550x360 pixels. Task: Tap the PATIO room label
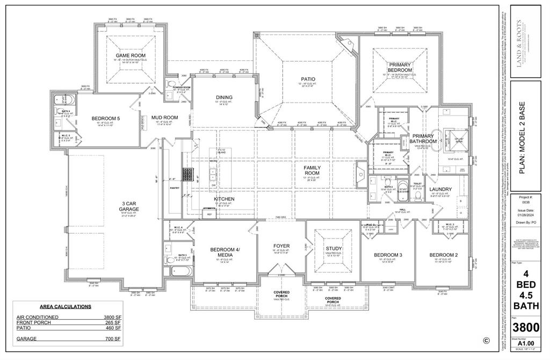click(x=308, y=79)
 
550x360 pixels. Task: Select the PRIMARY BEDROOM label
click(x=400, y=67)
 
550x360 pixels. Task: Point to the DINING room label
click(x=225, y=97)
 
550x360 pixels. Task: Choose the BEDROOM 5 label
click(x=105, y=118)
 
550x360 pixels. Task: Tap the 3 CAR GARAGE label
click(x=131, y=206)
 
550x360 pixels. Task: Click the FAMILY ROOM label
click(x=312, y=170)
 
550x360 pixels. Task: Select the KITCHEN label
click(x=224, y=199)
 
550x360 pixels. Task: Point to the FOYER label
click(x=281, y=246)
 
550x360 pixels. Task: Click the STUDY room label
click(x=334, y=248)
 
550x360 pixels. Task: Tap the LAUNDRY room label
click(x=440, y=189)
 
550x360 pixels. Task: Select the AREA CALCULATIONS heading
click(x=66, y=306)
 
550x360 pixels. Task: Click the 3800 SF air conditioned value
click(x=112, y=317)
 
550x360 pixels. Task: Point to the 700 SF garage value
click(x=113, y=340)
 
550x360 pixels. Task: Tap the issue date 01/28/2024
click(x=526, y=215)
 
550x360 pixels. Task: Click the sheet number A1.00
click(x=526, y=342)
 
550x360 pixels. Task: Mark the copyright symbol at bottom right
click(x=486, y=340)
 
